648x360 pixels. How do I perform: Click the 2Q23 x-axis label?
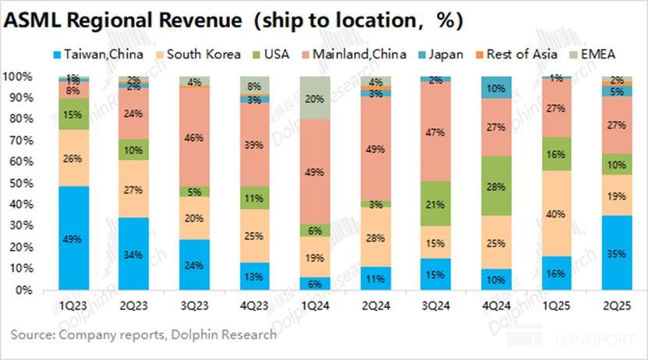[134, 306]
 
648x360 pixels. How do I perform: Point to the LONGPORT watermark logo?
[593, 341]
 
